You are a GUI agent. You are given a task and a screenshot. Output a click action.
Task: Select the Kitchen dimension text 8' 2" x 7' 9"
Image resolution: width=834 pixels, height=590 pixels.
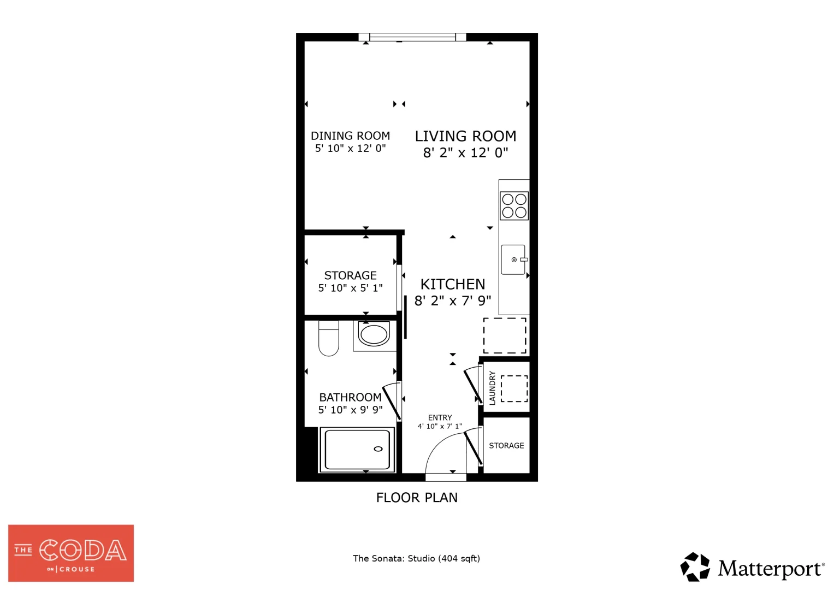click(453, 300)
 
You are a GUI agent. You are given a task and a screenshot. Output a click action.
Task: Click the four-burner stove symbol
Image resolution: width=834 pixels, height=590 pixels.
click(514, 206)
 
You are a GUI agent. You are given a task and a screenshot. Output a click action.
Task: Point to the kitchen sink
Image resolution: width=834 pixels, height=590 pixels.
click(514, 259)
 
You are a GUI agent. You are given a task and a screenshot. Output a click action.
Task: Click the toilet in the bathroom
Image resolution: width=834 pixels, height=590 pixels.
click(329, 338)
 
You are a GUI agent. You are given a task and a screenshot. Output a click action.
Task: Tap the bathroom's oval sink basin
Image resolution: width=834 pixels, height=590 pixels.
click(374, 334)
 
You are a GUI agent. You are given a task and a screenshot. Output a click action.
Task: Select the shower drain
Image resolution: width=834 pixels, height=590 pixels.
click(378, 449)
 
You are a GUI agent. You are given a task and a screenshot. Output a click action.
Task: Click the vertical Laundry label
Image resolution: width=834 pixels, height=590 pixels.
click(492, 388)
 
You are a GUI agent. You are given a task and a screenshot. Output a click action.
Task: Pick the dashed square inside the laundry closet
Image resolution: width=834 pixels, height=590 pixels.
click(514, 389)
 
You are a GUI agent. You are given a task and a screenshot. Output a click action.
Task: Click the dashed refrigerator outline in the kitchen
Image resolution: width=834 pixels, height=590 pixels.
click(505, 335)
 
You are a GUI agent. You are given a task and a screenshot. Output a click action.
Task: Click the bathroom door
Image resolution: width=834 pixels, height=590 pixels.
click(392, 402)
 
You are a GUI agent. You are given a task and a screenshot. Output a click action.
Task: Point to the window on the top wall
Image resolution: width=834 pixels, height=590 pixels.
click(412, 37)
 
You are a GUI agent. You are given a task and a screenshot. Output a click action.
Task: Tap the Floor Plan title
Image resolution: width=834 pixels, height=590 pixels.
click(417, 498)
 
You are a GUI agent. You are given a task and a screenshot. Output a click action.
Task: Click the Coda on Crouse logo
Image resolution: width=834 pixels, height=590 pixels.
click(71, 553)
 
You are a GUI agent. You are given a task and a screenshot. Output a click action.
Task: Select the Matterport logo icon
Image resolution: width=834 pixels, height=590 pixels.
click(695, 567)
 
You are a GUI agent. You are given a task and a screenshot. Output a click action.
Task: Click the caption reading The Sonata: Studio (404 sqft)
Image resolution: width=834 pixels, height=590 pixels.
click(417, 558)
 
